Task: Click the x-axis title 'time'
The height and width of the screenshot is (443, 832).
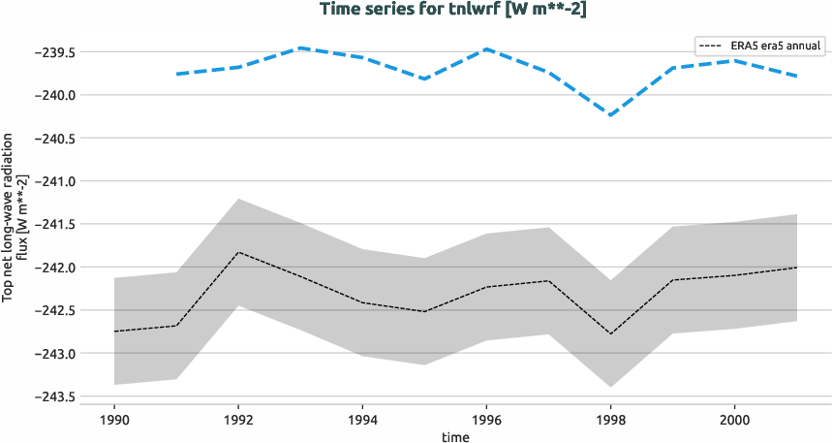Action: click(455, 436)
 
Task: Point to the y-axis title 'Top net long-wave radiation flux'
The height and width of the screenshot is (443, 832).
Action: click(15, 224)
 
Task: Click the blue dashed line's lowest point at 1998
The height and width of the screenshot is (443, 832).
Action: click(610, 114)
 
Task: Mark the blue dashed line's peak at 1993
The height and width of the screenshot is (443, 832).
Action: click(300, 47)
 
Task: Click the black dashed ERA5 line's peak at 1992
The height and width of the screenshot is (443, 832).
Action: click(238, 252)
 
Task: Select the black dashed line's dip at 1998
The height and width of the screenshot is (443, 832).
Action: click(610, 333)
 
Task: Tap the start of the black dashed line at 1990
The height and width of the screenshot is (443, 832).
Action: click(114, 332)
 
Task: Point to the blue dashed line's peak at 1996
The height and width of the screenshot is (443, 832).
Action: click(486, 48)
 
